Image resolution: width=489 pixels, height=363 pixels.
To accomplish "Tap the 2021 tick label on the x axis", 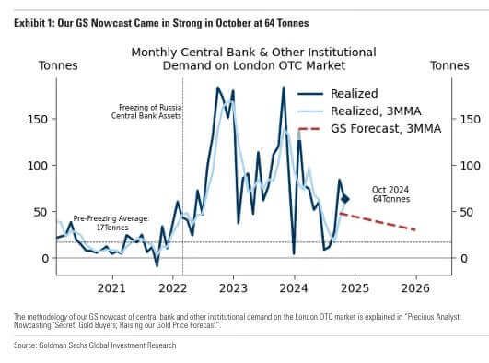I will [111, 287].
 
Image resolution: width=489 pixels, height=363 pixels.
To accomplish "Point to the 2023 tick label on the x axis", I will [233, 287].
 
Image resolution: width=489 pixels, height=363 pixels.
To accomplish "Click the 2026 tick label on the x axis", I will [415, 287].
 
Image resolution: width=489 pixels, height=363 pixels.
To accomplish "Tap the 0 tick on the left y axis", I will [44, 259].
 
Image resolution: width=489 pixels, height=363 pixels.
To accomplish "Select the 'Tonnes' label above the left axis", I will [58, 65].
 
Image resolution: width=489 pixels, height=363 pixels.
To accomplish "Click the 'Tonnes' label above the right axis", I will [450, 65].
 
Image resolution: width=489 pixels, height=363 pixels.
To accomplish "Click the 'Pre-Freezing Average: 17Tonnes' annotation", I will [111, 222].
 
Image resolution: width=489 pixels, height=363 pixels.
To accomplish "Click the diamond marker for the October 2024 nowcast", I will [345, 199].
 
